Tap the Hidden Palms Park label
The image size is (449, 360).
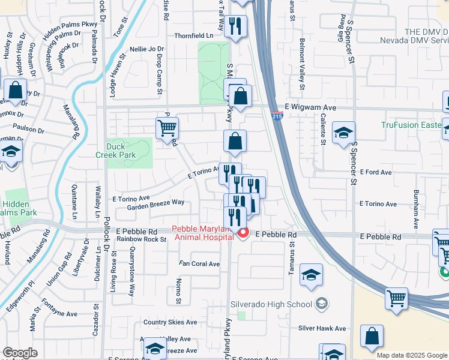pos(20,208)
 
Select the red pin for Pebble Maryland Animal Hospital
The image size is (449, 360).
pos(243,233)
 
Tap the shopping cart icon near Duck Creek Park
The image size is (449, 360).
pos(167,128)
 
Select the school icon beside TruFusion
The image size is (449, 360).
pos(343,133)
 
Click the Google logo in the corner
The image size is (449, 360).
pos(20,353)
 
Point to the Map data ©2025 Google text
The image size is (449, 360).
pos(412,355)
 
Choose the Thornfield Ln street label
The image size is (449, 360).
pos(194,36)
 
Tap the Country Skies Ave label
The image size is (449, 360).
pos(170,322)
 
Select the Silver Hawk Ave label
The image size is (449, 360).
pos(322,328)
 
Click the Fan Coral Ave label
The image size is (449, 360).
pos(200,263)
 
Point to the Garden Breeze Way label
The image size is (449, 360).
pos(155,203)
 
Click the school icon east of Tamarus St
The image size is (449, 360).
pos(311,275)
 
